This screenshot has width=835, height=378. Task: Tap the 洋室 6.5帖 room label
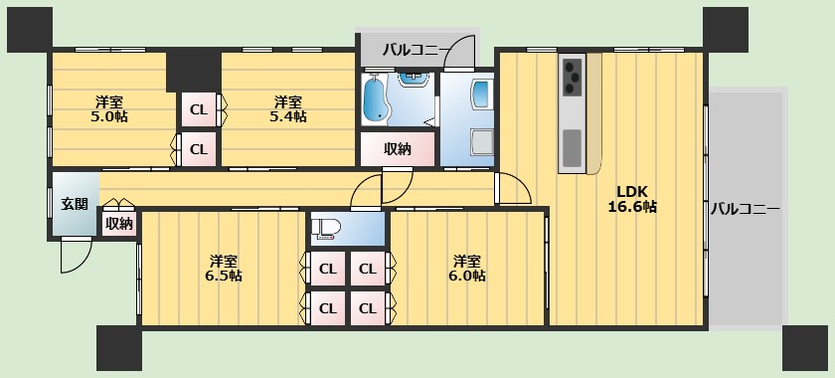pyautogui.click(x=225, y=268)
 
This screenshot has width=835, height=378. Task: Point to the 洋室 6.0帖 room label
pyautogui.click(x=466, y=268)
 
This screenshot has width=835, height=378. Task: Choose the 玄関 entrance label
pyautogui.click(x=75, y=204)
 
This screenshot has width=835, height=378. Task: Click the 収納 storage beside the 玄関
pyautogui.click(x=118, y=224)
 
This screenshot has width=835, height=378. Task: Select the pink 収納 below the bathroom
pyautogui.click(x=398, y=149)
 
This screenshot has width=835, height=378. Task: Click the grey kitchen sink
pyautogui.click(x=573, y=148)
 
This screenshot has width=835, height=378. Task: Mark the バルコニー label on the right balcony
pyautogui.click(x=745, y=210)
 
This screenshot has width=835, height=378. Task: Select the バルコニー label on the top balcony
pyautogui.click(x=415, y=48)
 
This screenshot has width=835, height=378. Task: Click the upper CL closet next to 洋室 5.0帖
pyautogui.click(x=199, y=109)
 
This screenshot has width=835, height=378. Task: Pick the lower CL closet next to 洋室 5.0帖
pyautogui.click(x=199, y=149)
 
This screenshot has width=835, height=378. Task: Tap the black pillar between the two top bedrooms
pyautogui.click(x=193, y=71)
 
